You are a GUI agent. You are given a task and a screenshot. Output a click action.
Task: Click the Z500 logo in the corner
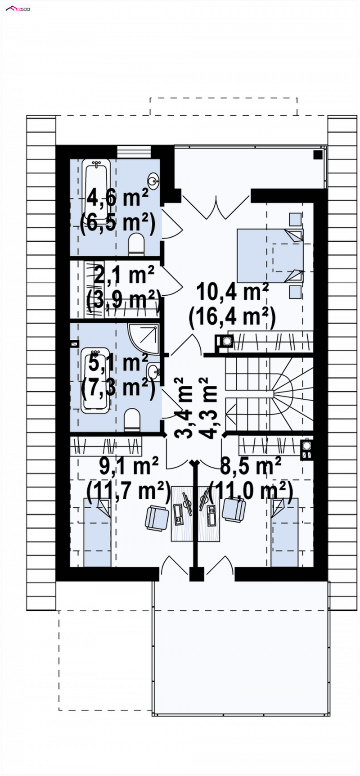coord(18,9)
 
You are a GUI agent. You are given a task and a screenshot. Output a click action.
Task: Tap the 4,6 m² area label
coord(118,197)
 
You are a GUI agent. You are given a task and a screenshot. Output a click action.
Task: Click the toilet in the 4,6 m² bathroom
coord(136,245)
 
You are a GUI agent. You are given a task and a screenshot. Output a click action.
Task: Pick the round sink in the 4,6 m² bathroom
coord(154,181)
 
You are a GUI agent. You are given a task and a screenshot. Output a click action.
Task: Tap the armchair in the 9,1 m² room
coord(157,518)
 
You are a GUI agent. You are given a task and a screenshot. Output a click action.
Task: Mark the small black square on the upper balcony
coord(318,155)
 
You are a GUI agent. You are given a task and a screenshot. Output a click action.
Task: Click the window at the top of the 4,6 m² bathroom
coord(134,152)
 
